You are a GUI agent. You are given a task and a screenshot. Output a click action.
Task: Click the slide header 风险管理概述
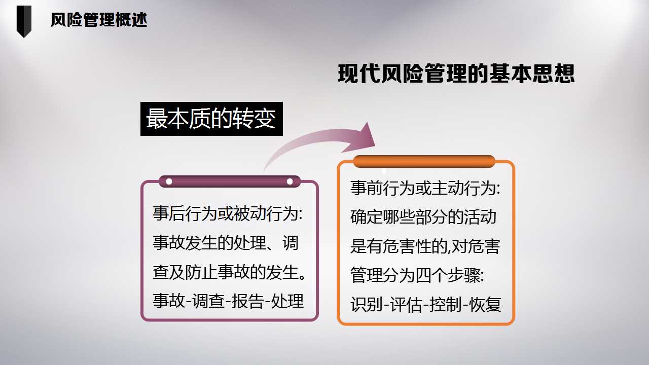99,20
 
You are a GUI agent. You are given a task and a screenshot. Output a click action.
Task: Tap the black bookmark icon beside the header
24,21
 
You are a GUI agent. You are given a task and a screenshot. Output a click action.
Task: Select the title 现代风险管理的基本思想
456,74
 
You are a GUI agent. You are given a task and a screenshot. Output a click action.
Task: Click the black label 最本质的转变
211,119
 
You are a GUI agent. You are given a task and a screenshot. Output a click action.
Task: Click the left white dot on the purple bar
169,181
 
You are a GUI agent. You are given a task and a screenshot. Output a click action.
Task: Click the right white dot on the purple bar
290,181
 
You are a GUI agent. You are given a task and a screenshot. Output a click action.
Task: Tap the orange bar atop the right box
424,162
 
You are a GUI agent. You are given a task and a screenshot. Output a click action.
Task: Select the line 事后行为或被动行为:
228,213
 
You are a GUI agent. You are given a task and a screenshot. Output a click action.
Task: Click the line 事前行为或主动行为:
425,188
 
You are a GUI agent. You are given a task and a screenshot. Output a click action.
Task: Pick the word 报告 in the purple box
247,301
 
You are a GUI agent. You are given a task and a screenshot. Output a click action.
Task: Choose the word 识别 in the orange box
366,305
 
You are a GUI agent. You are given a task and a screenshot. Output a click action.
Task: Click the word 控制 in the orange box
445,305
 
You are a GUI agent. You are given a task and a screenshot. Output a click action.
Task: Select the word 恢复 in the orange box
485,305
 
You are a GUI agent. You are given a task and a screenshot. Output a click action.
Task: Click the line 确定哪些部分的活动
423,217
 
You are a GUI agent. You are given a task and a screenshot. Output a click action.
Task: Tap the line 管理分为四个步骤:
417,275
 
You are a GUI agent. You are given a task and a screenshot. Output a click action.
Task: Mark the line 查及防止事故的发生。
229,272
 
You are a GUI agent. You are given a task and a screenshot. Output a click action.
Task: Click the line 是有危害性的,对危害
425,246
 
